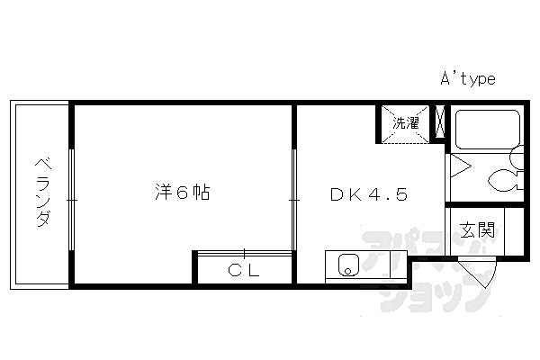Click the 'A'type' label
click(467, 79)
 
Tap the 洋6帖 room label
click(183, 193)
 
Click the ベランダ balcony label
click(41, 193)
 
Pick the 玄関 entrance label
click(477, 229)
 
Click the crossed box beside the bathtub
click(440, 123)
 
